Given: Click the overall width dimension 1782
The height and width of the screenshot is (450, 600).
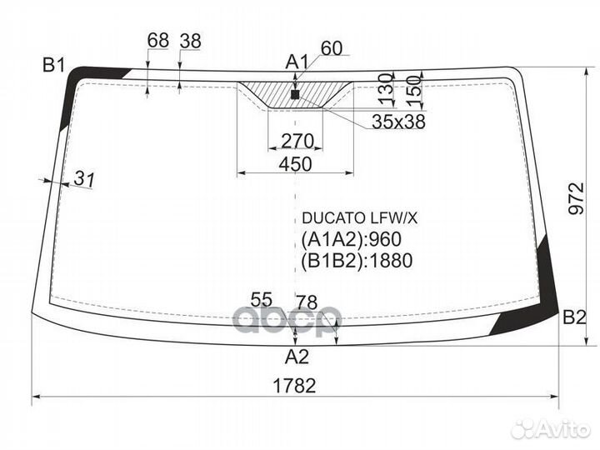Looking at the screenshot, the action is [295, 386].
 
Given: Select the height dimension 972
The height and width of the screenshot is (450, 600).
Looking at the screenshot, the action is [577, 198].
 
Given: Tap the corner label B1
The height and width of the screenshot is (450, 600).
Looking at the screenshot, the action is [54, 65].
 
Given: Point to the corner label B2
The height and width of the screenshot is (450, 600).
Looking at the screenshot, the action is [574, 317].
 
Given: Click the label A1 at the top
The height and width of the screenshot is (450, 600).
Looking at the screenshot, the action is [297, 62].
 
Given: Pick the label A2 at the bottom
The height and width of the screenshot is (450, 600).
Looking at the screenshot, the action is [297, 357].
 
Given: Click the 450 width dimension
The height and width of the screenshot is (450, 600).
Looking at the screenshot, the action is [295, 164].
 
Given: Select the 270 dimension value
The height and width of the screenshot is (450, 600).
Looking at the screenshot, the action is [297, 141].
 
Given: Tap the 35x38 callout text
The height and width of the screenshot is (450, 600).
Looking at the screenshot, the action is [398, 122].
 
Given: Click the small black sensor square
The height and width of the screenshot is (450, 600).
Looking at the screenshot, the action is [295, 94].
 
